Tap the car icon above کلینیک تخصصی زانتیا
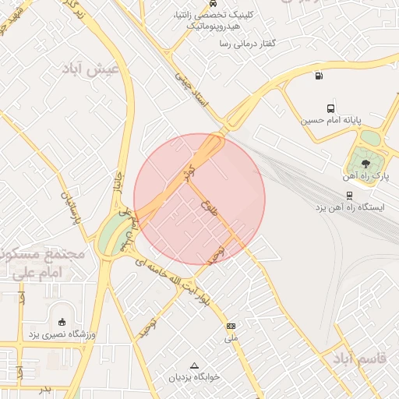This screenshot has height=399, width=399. pos(213,3)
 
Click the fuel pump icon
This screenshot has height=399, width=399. pos(317,76)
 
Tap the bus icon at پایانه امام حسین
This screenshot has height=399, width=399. pos(331,109)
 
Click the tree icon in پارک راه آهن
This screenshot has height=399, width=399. pos(365,163)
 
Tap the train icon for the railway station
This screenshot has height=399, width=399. pos(348,196)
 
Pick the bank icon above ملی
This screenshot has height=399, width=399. pos(231,326)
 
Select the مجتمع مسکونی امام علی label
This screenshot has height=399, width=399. pos(31,263)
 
